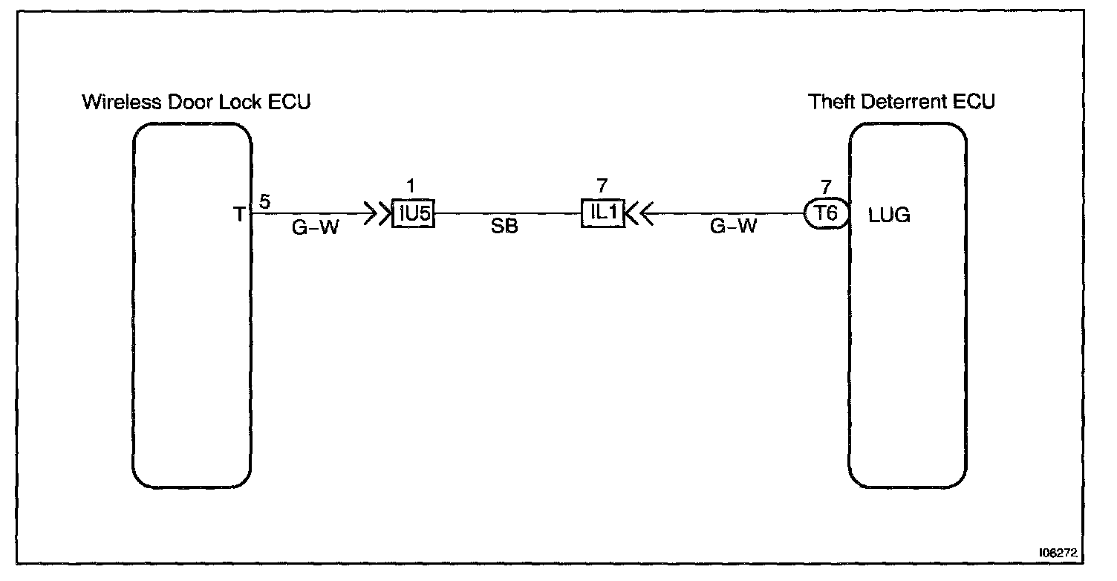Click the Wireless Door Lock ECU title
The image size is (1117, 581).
(196, 102)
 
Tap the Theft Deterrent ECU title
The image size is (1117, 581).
(901, 102)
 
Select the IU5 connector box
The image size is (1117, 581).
(413, 214)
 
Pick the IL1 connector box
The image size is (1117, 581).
(602, 214)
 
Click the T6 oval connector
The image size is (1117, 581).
(826, 214)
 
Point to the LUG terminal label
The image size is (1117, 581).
(889, 216)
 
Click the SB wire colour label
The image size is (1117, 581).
(504, 228)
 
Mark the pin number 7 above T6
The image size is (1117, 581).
(825, 186)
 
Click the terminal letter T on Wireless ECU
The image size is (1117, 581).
(239, 215)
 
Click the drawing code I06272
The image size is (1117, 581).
(1058, 554)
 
